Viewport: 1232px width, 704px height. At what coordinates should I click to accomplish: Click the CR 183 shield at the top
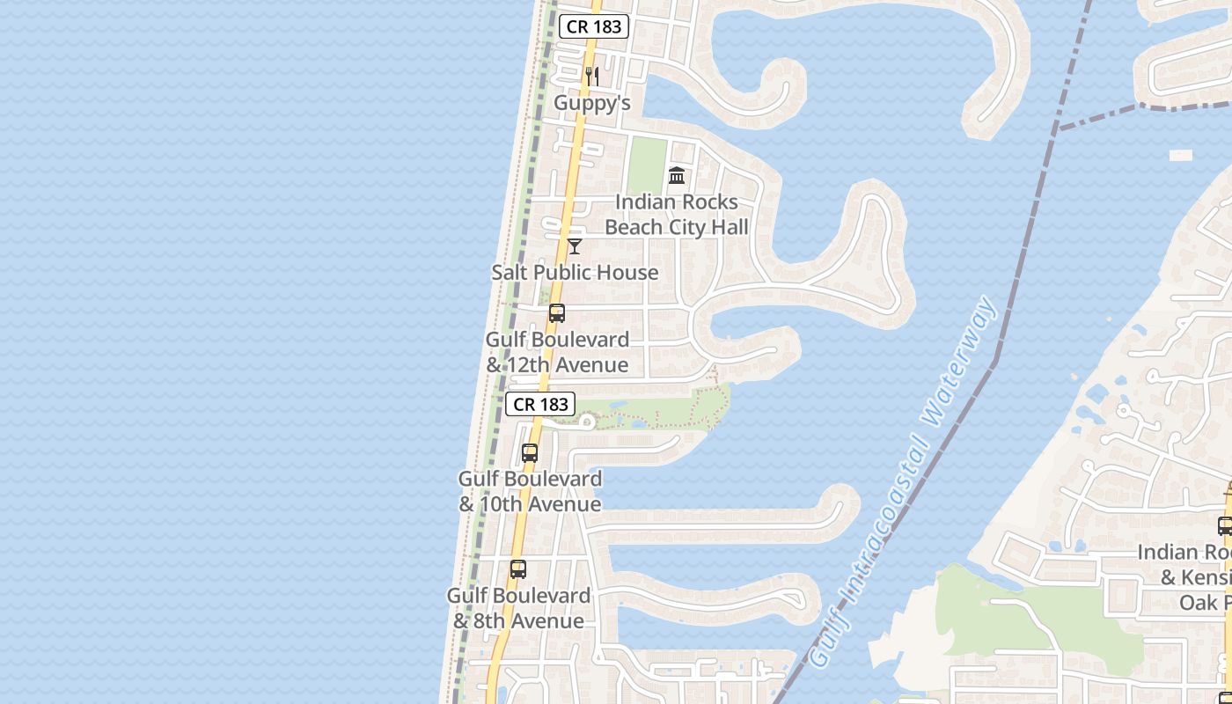[x=594, y=26]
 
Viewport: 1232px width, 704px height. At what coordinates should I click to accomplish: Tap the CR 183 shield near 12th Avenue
[x=541, y=404]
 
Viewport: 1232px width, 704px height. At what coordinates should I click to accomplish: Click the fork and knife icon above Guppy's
[x=592, y=77]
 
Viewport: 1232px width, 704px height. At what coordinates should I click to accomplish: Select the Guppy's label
[x=592, y=103]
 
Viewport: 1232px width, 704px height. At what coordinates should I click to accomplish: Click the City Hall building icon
[x=677, y=176]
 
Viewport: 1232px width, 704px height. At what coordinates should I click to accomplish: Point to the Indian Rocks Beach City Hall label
[x=677, y=215]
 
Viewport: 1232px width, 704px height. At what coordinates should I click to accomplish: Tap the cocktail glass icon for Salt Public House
[x=575, y=246]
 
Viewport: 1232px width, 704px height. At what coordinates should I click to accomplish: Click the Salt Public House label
[x=575, y=273]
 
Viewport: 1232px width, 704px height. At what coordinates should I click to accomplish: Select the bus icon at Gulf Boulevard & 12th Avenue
[x=557, y=313]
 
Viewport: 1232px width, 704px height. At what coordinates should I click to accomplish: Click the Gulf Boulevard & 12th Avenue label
[x=558, y=352]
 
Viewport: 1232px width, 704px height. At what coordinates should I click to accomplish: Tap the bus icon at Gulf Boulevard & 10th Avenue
[x=530, y=453]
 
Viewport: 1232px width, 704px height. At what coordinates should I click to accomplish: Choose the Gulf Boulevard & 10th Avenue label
[x=530, y=492]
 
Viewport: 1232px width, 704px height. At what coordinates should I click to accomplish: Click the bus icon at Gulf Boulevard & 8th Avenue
[x=518, y=569]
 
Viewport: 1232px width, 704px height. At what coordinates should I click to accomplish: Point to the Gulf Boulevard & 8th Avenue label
[x=518, y=608]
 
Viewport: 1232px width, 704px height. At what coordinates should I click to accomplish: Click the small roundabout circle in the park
[x=586, y=422]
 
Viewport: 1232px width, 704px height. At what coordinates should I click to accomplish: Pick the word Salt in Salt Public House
[x=510, y=273]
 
